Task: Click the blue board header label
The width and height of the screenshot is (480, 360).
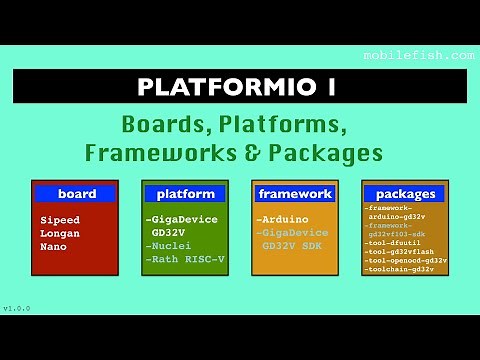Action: point(76,193)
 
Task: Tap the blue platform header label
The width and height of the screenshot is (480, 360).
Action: point(185,193)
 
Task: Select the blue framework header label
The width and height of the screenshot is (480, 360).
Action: point(294,193)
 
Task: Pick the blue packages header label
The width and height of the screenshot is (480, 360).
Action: point(406,193)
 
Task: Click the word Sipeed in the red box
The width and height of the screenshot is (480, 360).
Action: point(60,219)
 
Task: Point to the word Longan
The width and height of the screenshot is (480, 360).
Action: point(60,232)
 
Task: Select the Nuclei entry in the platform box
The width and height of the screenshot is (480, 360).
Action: point(171,245)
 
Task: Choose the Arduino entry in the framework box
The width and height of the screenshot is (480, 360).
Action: point(284,219)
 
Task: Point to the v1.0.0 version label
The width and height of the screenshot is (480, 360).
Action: point(17,308)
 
